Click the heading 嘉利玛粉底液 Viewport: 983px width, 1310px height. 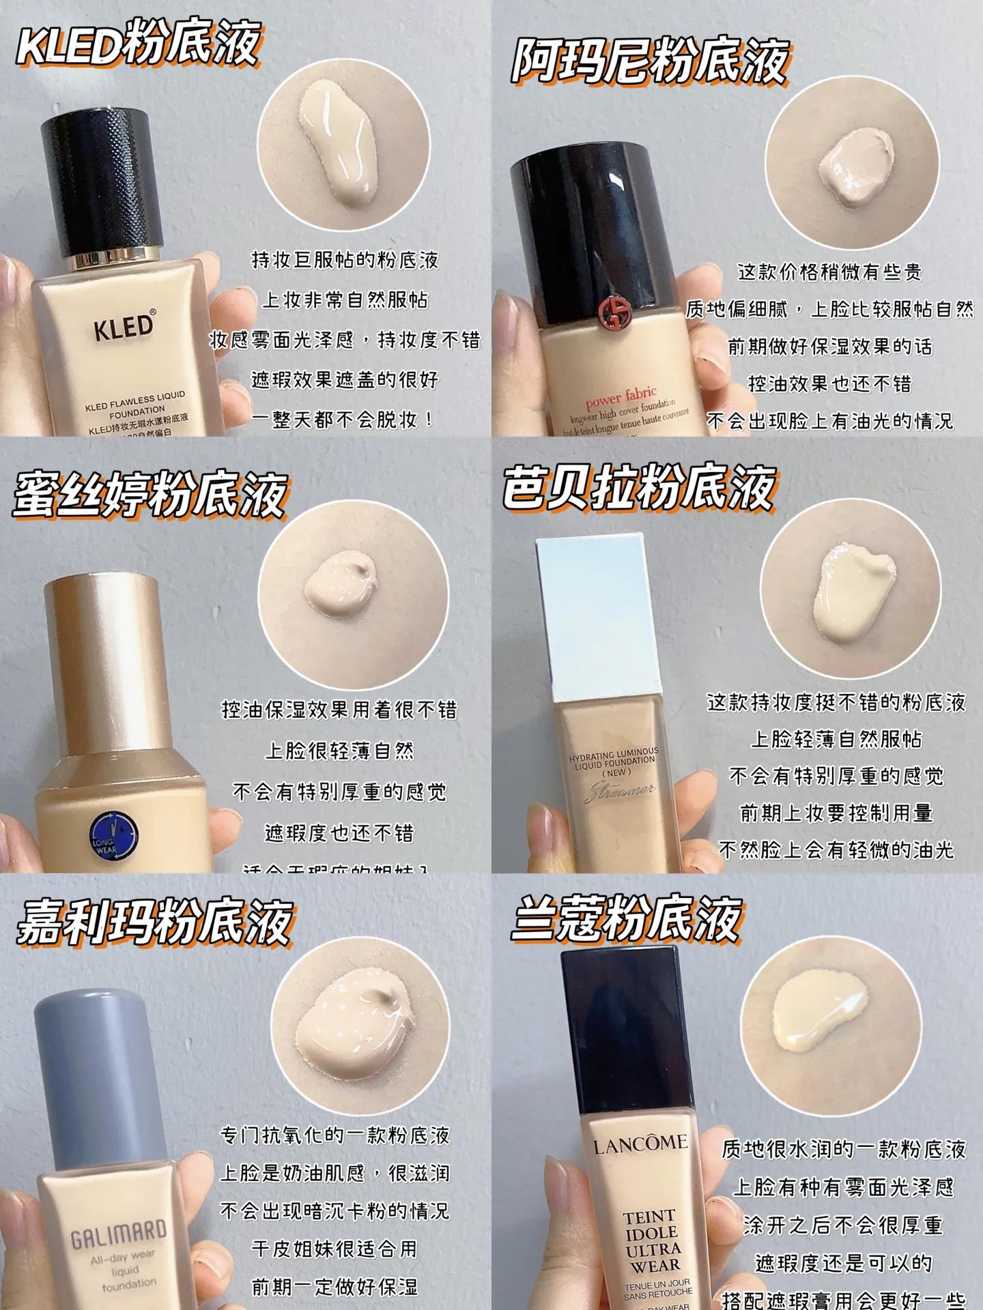[x=154, y=922]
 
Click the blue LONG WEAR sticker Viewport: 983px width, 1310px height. [x=114, y=836]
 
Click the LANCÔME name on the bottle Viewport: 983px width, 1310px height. [x=640, y=1144]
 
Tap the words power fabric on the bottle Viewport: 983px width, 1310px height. [x=621, y=396]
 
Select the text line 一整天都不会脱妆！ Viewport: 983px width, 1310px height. [x=343, y=419]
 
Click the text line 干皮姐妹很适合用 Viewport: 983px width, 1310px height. [x=334, y=1249]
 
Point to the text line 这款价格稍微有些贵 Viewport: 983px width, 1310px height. [x=829, y=272]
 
